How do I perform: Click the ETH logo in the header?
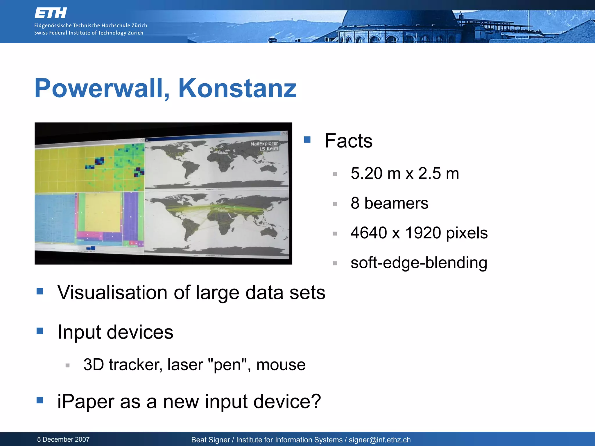click(x=51, y=13)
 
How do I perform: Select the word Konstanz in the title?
click(x=237, y=89)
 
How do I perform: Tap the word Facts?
click(x=348, y=141)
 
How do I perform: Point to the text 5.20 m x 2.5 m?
click(x=404, y=174)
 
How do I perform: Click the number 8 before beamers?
click(x=355, y=203)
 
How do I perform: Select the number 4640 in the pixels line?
click(x=369, y=233)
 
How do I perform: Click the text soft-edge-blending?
click(x=419, y=263)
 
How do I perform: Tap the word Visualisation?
click(x=112, y=292)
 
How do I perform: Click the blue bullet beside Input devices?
click(x=40, y=331)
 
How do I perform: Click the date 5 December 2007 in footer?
click(x=63, y=439)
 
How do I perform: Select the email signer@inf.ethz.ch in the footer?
click(x=379, y=440)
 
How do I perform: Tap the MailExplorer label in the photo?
click(x=264, y=144)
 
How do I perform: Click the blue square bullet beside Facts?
click(x=307, y=140)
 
